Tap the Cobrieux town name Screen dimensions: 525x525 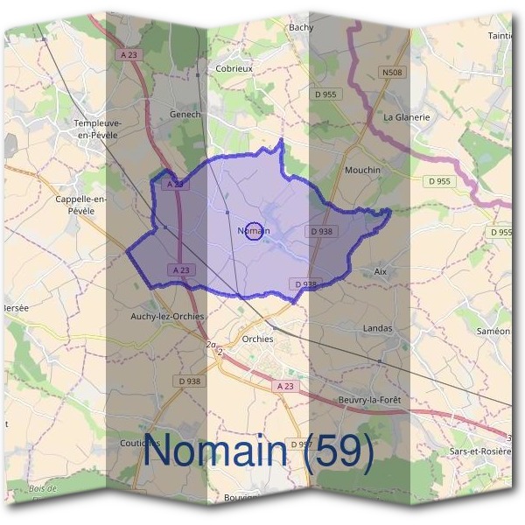(x=234, y=67)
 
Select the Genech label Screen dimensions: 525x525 (x=185, y=114)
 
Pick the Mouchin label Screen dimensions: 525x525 (x=363, y=170)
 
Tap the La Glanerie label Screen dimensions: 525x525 (x=407, y=116)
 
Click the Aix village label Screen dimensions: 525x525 (x=380, y=272)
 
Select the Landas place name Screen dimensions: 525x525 (x=377, y=328)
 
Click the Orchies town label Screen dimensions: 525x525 (x=256, y=339)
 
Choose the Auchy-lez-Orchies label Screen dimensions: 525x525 (x=166, y=316)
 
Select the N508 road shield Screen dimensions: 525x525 (x=393, y=73)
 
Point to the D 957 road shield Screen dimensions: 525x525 (x=300, y=444)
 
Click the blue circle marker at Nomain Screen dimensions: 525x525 (x=253, y=231)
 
